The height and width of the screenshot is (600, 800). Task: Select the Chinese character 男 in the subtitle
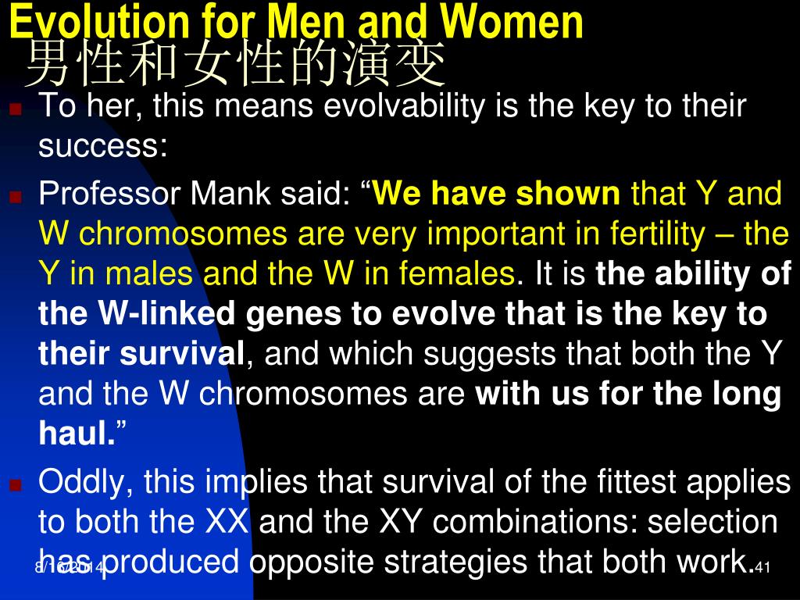click(x=48, y=64)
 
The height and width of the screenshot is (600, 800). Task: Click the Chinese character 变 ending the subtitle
click(x=421, y=64)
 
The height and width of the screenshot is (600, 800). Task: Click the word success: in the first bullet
click(x=103, y=146)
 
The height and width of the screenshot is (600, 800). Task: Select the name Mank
click(x=230, y=194)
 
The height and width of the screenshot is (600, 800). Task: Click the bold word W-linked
click(x=166, y=314)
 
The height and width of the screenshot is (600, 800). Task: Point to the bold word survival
click(x=182, y=354)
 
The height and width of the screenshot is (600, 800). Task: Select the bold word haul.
click(x=77, y=434)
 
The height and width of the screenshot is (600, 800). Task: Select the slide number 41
click(x=762, y=567)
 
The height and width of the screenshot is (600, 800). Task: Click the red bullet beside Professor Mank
click(x=16, y=197)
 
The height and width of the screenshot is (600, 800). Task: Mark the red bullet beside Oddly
click(x=16, y=484)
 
